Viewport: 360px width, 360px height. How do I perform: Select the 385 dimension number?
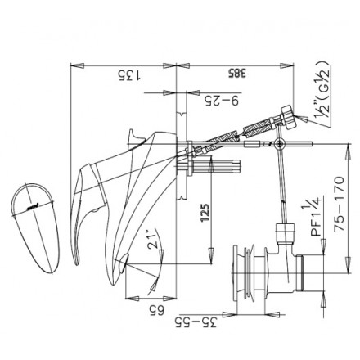coord(236,74)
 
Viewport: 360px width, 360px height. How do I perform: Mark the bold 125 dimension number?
coord(207,216)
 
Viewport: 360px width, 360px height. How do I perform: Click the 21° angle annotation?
coord(151,238)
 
